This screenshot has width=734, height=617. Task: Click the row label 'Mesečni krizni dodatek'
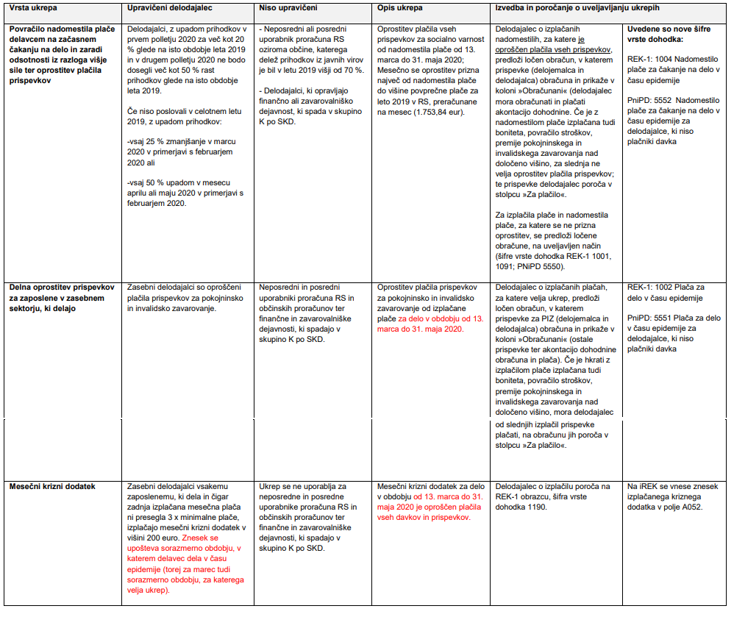53,487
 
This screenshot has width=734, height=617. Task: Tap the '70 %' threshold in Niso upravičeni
348,71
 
